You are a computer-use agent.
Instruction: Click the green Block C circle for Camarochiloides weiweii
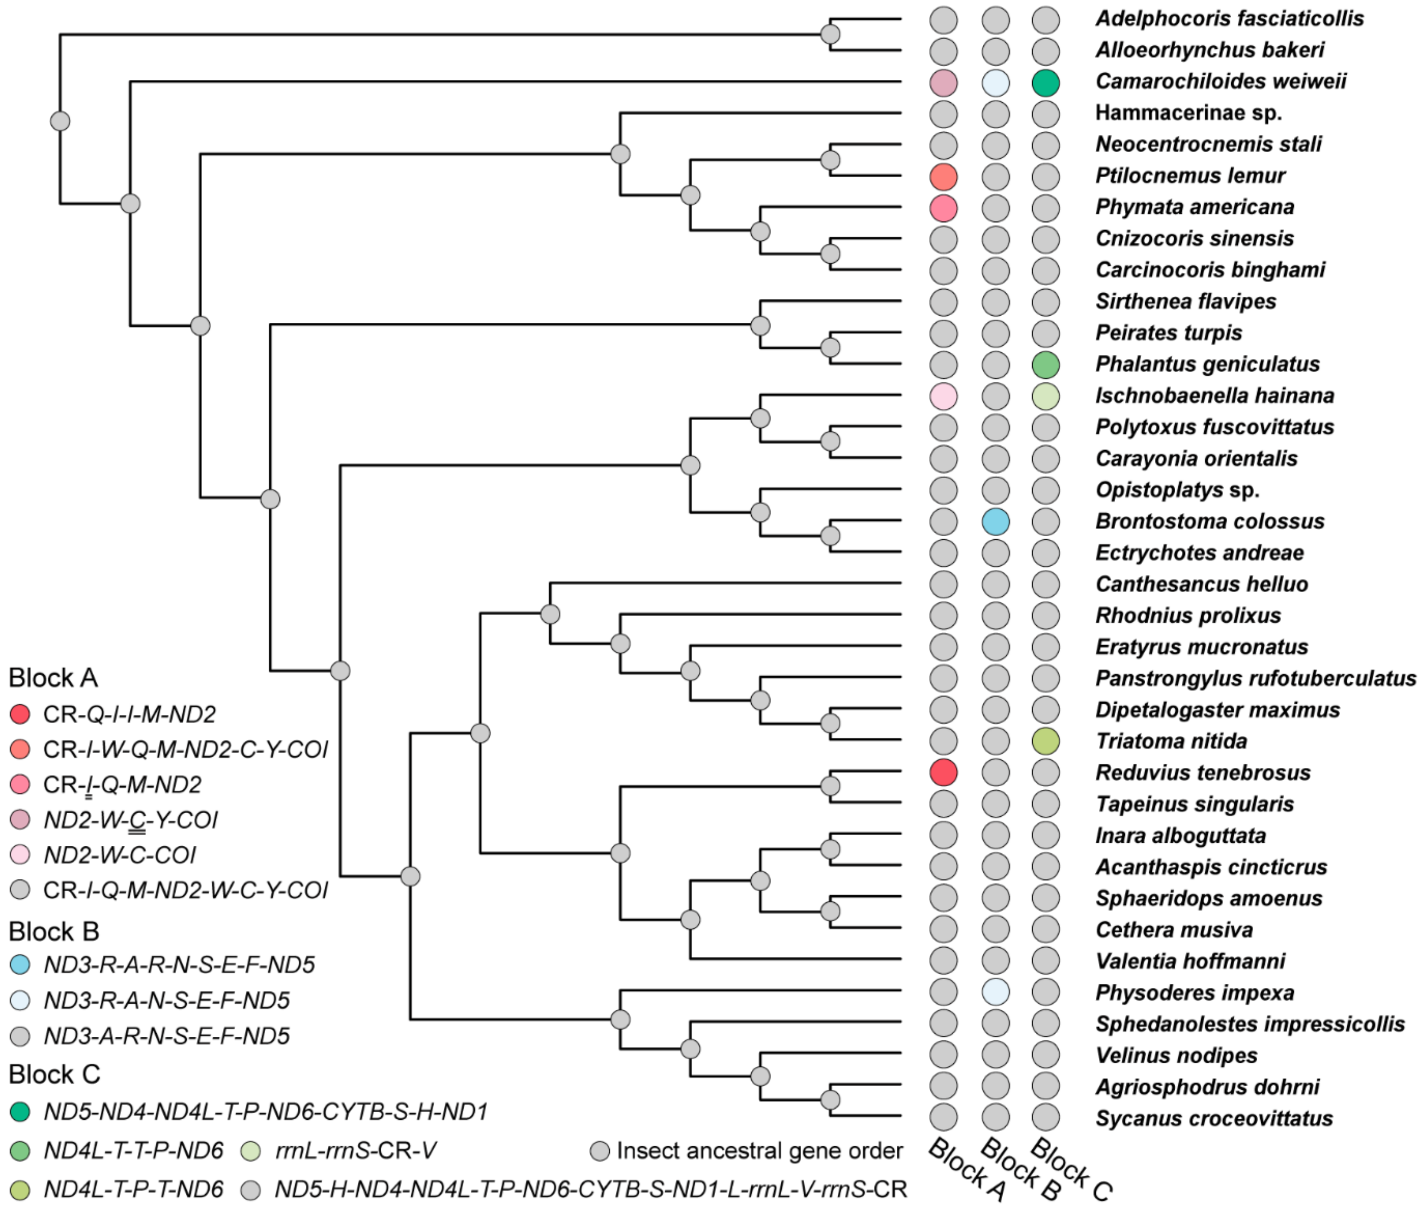[1046, 83]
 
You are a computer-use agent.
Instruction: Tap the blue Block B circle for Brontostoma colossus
[995, 522]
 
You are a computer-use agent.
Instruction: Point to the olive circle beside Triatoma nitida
[1046, 741]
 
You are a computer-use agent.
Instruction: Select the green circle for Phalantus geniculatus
[1046, 365]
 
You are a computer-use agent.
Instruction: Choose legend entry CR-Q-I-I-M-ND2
[129, 714]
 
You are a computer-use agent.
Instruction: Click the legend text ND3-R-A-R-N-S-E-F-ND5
[179, 965]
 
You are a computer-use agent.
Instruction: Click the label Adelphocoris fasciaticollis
[1229, 19]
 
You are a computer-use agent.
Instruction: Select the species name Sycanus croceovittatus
[1214, 1118]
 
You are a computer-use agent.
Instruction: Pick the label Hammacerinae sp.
[1188, 113]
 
